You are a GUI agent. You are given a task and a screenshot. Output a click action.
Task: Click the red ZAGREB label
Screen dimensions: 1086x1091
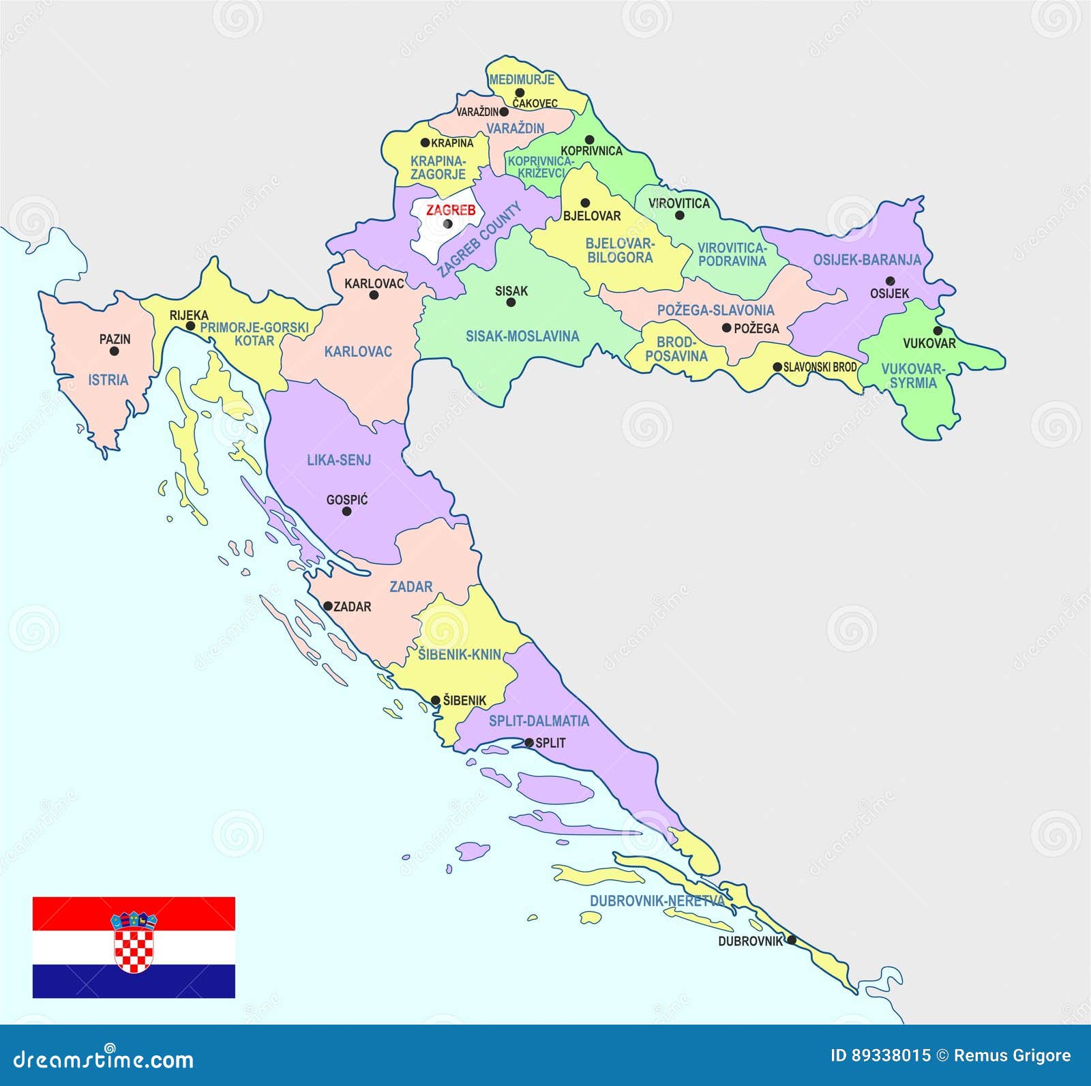(451, 210)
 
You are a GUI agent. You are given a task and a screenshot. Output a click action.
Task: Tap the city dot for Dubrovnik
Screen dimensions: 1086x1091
(791, 940)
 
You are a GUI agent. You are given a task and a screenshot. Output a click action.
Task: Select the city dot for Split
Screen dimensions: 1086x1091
(528, 743)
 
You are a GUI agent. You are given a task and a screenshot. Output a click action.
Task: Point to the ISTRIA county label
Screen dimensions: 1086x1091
(108, 380)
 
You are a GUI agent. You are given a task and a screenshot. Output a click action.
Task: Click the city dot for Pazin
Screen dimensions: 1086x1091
(114, 351)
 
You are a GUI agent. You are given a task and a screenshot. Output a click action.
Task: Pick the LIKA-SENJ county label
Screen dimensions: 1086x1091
(339, 460)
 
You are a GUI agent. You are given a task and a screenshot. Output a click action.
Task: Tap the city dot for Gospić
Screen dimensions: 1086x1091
(346, 511)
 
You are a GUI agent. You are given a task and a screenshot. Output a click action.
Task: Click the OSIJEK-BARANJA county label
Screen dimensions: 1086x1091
(867, 260)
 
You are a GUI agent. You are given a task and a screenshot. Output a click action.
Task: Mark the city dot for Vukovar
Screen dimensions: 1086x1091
(938, 331)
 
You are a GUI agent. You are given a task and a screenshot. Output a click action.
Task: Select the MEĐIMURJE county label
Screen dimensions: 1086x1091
(522, 79)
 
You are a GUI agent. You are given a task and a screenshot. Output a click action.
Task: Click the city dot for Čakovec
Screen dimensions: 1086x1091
(520, 93)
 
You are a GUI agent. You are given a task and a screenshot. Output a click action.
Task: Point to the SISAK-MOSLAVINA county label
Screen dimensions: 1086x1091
(522, 336)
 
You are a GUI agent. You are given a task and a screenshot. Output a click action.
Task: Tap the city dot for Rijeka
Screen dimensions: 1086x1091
(190, 326)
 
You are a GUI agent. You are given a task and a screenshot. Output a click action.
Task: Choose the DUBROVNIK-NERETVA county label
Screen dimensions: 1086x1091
(657, 900)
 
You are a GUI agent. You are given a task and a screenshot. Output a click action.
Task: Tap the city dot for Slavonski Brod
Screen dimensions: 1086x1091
(777, 367)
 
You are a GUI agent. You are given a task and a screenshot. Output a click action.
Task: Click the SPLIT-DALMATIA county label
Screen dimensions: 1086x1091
(539, 721)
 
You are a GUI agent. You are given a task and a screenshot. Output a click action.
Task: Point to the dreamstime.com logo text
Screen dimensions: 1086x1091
(104, 1059)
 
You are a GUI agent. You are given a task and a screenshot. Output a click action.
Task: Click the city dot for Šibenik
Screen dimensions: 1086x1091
(436, 701)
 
